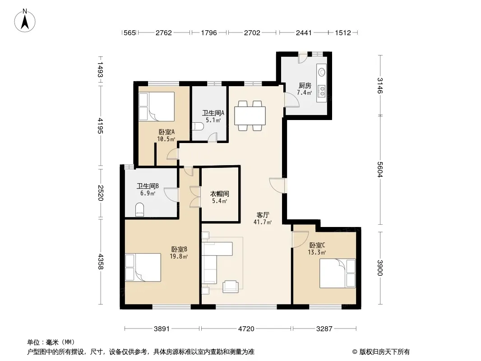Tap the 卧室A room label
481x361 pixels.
(166, 132)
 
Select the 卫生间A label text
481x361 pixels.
(213, 113)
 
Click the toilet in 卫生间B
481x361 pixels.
(139, 209)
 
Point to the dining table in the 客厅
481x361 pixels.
(250, 116)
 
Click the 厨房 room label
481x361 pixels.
(305, 86)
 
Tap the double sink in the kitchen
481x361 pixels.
(322, 91)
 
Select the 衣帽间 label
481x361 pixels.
(219, 194)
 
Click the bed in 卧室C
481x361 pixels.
(338, 273)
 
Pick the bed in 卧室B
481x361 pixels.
(143, 267)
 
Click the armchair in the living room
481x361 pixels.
(231, 286)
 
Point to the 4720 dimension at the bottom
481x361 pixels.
(246, 329)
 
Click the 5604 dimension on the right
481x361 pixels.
(380, 169)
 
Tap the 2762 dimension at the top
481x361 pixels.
(163, 33)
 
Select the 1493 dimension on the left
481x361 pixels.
(100, 69)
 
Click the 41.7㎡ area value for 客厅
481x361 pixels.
(262, 222)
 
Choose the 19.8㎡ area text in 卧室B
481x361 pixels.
(179, 256)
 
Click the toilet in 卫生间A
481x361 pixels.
(199, 126)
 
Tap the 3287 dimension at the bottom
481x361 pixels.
(324, 329)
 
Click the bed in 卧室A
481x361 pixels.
(157, 106)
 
